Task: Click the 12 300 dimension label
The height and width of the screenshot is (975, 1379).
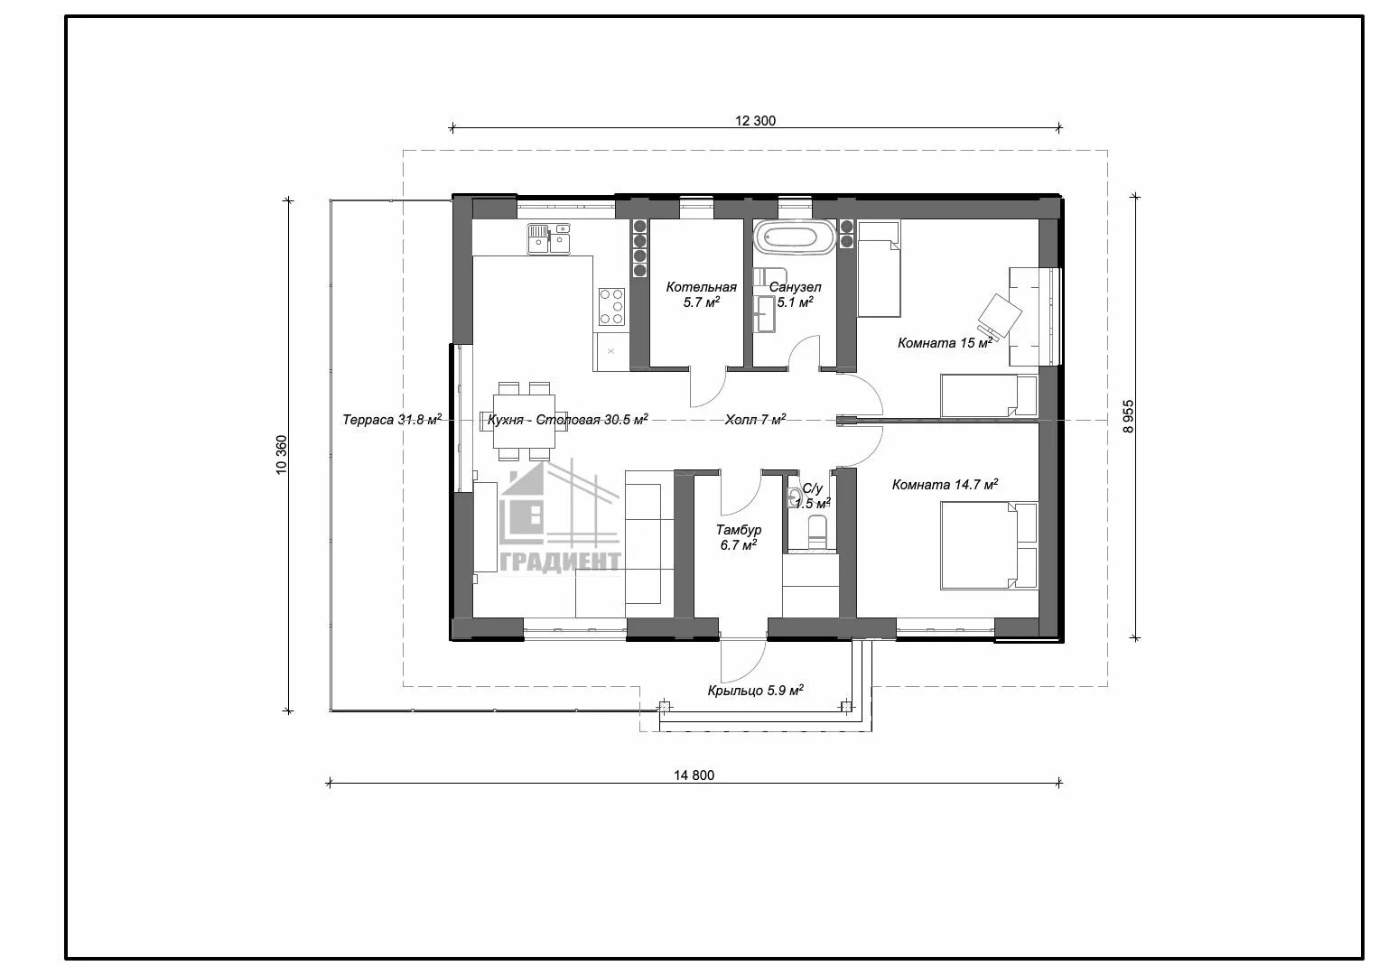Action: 755,121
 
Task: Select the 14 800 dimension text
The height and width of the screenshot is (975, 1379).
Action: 694,775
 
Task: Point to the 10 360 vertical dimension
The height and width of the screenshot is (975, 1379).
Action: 281,455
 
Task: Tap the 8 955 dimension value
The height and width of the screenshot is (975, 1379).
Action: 1128,417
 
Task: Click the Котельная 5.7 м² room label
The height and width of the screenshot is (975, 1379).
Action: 701,294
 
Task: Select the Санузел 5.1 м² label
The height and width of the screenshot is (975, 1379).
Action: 795,294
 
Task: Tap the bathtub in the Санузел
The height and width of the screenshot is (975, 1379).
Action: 796,237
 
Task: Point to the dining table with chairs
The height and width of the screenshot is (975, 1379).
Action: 524,421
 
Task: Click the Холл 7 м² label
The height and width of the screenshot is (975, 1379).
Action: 755,420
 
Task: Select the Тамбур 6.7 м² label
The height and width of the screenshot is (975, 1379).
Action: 738,537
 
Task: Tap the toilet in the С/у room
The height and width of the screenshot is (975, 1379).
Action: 816,533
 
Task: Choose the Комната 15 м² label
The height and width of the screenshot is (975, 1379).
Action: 945,343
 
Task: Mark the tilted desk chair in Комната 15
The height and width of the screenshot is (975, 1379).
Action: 1000,316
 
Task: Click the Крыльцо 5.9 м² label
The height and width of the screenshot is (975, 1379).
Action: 755,690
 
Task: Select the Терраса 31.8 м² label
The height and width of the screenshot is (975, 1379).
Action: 392,420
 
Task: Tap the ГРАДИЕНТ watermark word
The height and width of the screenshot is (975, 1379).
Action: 560,562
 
